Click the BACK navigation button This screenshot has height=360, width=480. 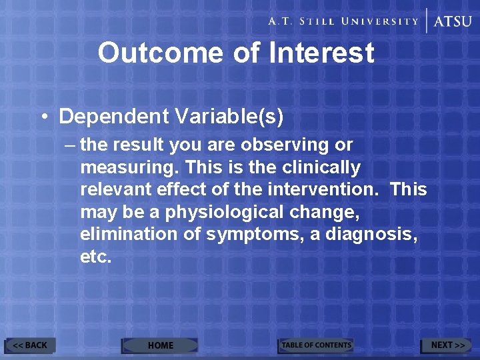31,345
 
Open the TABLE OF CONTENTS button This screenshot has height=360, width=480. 315,345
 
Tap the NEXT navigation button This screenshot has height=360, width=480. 447,345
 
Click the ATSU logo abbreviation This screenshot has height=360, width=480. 453,21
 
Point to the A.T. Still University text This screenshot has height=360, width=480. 343,21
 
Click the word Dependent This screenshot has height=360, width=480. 114,117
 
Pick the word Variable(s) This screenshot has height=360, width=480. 229,117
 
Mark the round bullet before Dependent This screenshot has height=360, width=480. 43,117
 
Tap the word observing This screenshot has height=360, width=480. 293,145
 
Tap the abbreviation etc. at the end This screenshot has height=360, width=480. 96,257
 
